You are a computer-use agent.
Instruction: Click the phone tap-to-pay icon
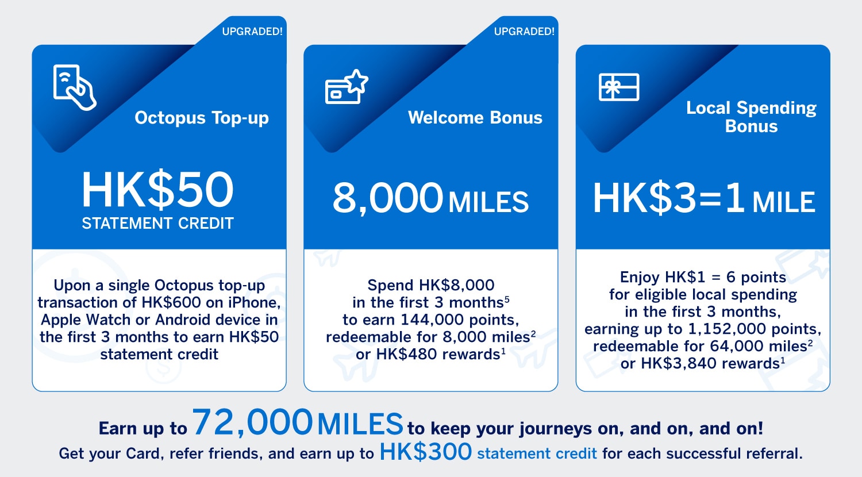[75, 87]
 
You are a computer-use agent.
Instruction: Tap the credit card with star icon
[347, 87]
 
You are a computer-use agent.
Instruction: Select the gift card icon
[619, 87]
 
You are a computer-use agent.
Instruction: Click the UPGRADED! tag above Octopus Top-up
[252, 31]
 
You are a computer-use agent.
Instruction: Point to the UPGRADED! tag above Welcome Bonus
[524, 31]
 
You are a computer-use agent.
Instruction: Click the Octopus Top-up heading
[202, 118]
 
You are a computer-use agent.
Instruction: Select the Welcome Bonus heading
[475, 117]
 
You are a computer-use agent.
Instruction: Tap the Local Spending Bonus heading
[751, 117]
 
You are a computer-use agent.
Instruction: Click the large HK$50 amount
[157, 190]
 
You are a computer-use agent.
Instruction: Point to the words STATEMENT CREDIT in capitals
[158, 224]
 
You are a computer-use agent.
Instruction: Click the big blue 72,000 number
[252, 423]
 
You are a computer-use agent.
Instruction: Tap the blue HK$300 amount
[426, 451]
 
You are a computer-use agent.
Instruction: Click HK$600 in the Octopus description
[171, 303]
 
